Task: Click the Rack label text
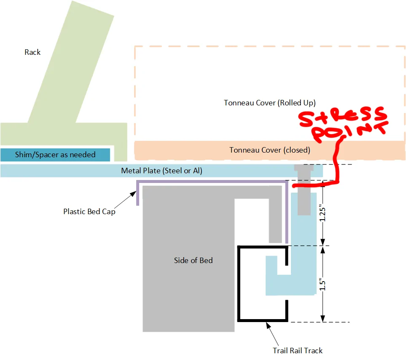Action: pyautogui.click(x=32, y=52)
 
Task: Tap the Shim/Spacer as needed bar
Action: pyautogui.click(x=55, y=155)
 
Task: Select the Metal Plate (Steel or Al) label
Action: pyautogui.click(x=161, y=171)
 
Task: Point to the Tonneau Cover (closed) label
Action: pyautogui.click(x=269, y=150)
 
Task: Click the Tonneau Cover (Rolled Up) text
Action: pyautogui.click(x=269, y=103)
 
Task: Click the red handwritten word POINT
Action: pyautogui.click(x=350, y=132)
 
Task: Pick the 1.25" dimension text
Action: pyautogui.click(x=322, y=213)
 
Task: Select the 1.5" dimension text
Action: pyautogui.click(x=322, y=285)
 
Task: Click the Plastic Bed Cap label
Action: pyautogui.click(x=89, y=212)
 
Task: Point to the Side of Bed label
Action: pyautogui.click(x=193, y=261)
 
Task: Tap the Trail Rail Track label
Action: pyautogui.click(x=298, y=351)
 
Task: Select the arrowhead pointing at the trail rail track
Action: pyautogui.click(x=269, y=325)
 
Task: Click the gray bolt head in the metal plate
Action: pyautogui.click(x=304, y=168)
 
